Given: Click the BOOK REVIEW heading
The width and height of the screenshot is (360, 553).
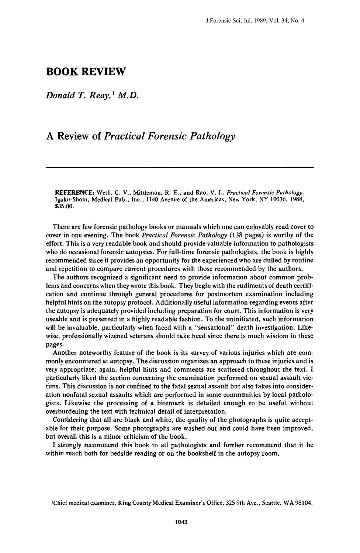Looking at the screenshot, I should coord(86,72).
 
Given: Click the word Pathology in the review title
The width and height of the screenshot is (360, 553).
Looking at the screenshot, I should coord(212,136).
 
